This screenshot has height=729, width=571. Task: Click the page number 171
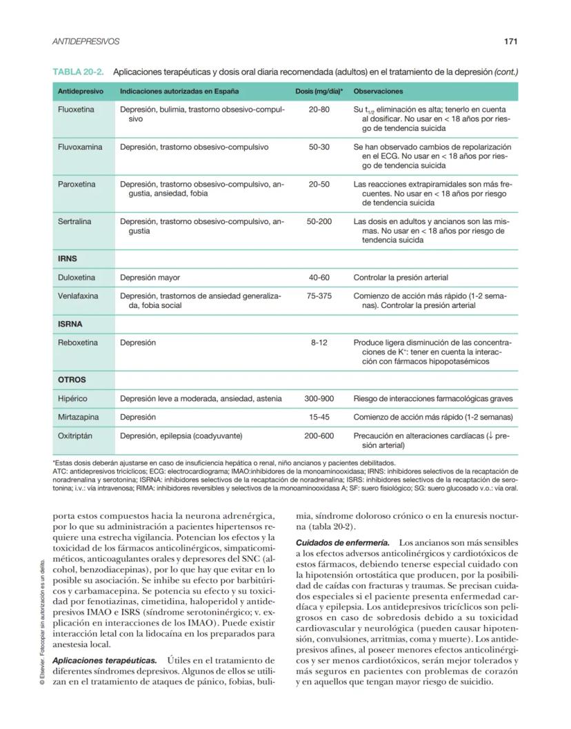(510, 41)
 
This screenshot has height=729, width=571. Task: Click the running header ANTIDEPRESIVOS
(86, 41)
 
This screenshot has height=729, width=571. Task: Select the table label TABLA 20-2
(78, 72)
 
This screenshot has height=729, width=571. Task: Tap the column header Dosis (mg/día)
(319, 91)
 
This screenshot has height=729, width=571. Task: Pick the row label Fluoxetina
(76, 110)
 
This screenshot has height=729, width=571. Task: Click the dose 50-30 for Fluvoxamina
(319, 147)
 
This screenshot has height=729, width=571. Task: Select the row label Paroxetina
(77, 184)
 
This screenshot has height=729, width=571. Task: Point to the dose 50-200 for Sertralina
(319, 222)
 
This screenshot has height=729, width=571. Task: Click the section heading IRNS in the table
(68, 259)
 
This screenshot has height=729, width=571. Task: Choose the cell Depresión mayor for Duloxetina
(150, 278)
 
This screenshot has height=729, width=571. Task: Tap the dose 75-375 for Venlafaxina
(319, 296)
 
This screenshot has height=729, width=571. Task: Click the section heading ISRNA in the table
(70, 324)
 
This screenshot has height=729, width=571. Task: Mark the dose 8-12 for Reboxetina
(319, 342)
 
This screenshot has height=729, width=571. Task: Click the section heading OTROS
(71, 380)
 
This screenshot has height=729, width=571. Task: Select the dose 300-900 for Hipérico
(319, 398)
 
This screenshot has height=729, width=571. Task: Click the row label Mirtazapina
(77, 417)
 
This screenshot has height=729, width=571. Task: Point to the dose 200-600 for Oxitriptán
(319, 435)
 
